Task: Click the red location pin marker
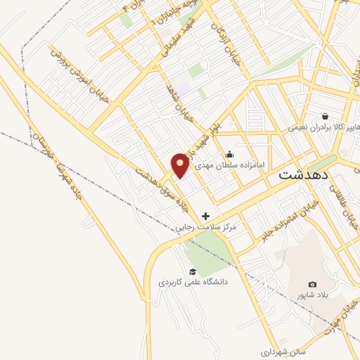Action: [x=181, y=165]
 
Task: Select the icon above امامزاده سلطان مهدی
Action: [x=229, y=154]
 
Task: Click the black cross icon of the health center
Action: [x=205, y=216]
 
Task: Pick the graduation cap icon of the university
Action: [x=192, y=271]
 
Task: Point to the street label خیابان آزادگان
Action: [x=228, y=40]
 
